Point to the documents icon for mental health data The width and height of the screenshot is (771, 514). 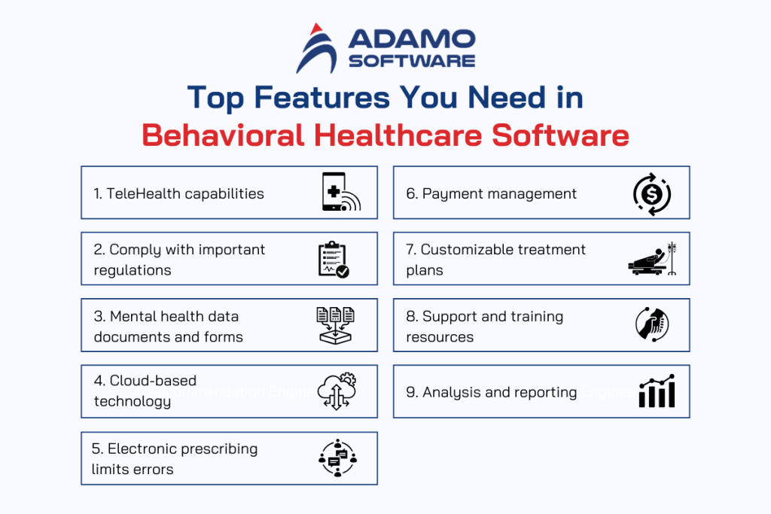coord(335,325)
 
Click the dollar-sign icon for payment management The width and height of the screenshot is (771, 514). coord(651,193)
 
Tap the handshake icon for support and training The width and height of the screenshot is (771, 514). coord(651,325)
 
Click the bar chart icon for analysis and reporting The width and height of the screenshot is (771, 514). coord(657,392)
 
